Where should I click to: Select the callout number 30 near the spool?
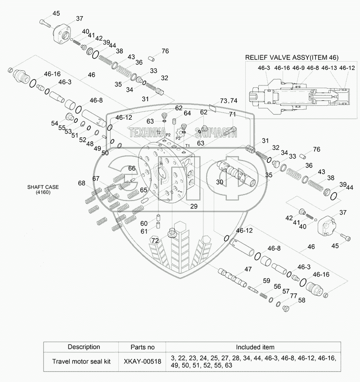(220, 182)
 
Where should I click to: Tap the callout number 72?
(155, 240)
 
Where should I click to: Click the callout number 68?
(81, 183)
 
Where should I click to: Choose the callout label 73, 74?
(229, 100)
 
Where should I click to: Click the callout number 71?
(232, 115)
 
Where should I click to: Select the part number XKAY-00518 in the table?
(142, 361)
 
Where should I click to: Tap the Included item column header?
(255, 347)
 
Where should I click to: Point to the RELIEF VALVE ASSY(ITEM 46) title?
(292, 57)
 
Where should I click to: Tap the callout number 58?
(301, 300)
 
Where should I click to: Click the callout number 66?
(131, 168)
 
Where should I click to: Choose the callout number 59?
(266, 281)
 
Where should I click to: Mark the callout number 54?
(54, 123)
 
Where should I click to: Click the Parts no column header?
(142, 347)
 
